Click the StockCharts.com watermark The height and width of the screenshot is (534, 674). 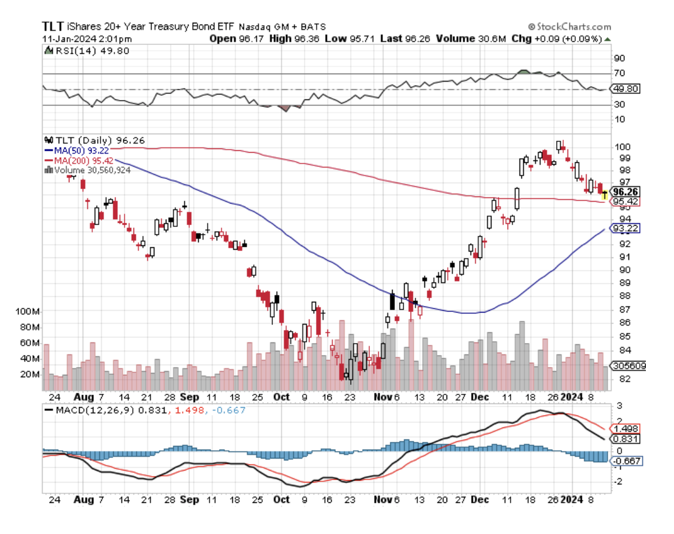pyautogui.click(x=569, y=27)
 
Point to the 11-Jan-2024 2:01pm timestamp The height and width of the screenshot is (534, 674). pyautogui.click(x=87, y=39)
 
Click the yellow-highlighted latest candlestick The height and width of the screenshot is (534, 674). pyautogui.click(x=604, y=194)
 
